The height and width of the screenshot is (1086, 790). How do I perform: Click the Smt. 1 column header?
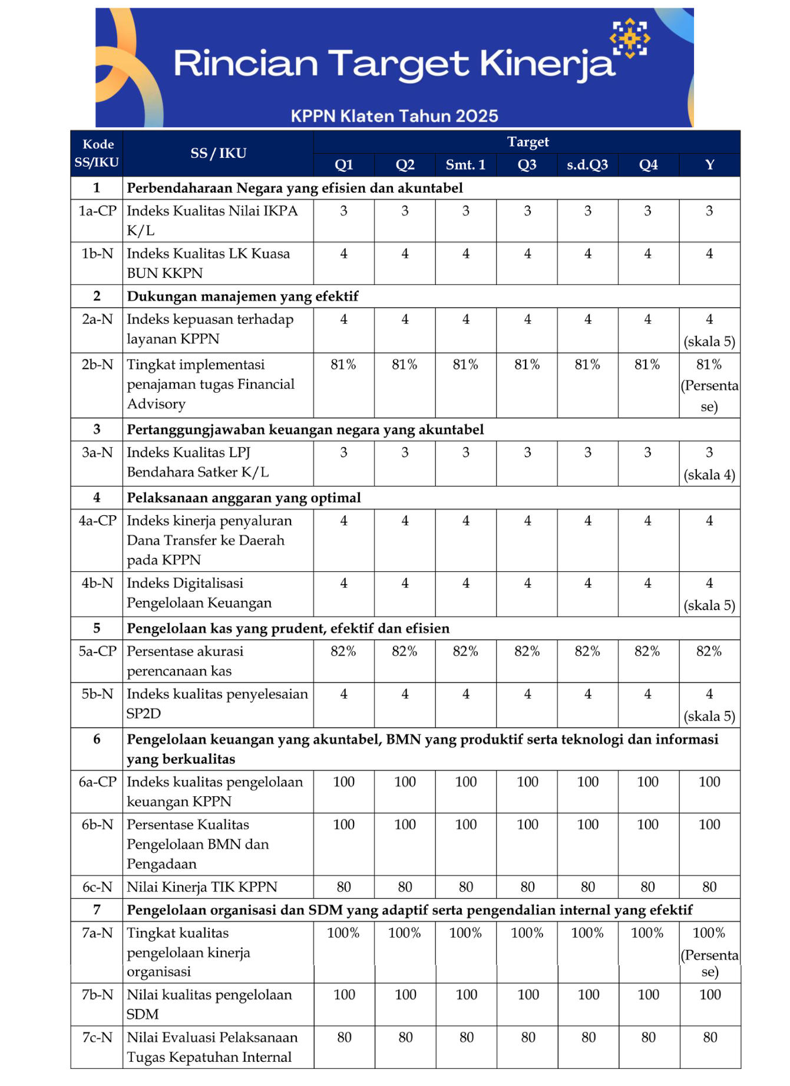point(465,165)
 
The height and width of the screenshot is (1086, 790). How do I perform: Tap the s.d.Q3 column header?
point(587,165)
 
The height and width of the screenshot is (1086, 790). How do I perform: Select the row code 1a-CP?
point(97,211)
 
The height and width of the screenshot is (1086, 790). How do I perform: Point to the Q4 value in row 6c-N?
point(647,887)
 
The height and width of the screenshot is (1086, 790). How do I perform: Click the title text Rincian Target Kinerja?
point(394,64)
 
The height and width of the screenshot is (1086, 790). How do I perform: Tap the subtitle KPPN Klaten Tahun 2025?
point(394,116)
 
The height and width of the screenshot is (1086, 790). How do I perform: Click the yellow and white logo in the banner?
point(630,39)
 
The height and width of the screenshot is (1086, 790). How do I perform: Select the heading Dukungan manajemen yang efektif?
point(243,296)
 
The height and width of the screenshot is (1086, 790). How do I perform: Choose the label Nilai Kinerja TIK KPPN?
point(202,887)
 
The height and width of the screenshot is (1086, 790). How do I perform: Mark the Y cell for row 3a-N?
point(709,463)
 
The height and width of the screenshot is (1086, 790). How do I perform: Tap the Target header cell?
point(528,142)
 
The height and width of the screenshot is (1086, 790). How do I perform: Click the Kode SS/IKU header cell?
point(97,153)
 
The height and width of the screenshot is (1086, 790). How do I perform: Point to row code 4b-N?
point(97,583)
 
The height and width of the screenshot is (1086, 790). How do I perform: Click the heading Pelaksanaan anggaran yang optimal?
point(244,498)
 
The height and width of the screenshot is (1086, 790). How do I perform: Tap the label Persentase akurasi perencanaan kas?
point(185,661)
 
